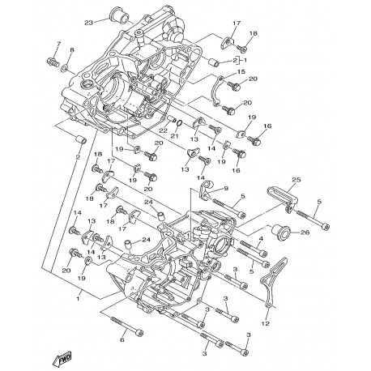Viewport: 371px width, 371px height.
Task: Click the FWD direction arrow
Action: click(62, 358)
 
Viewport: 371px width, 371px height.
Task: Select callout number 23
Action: click(88, 23)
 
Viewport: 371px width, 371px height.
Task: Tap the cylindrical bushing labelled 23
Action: click(119, 15)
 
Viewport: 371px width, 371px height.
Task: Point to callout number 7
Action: click(58, 43)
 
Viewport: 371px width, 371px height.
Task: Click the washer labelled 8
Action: click(65, 67)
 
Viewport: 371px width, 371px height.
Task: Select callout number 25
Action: click(296, 180)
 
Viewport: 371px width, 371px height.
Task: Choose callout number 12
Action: click(266, 323)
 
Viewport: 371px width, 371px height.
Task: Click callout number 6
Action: click(122, 340)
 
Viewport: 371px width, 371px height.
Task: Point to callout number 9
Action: click(226, 188)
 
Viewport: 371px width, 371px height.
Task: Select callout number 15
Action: click(241, 72)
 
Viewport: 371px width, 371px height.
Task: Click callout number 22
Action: click(164, 130)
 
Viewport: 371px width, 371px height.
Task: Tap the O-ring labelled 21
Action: click(179, 123)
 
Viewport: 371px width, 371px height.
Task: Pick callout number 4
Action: click(261, 238)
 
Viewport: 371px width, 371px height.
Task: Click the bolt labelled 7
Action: click(53, 62)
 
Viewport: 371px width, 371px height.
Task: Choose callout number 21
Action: click(174, 135)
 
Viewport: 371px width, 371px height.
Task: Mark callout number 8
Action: click(71, 49)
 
